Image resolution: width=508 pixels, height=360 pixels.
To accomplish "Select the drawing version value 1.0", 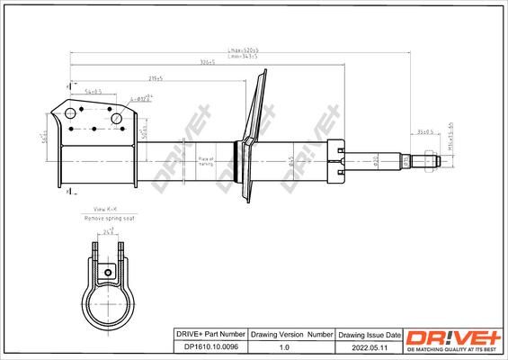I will [x=284, y=346].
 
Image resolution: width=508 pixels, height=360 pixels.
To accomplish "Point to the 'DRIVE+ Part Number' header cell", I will [x=209, y=333].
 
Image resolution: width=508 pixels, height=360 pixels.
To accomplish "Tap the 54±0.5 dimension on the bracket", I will [x=94, y=92].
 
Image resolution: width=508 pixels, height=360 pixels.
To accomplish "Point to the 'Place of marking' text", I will [x=206, y=162].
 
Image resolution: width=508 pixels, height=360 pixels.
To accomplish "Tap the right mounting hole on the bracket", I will [x=116, y=118].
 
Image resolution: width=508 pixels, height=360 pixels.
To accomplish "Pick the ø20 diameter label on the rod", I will [x=375, y=163].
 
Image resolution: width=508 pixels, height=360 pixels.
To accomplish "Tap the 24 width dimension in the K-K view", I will [x=109, y=232].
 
